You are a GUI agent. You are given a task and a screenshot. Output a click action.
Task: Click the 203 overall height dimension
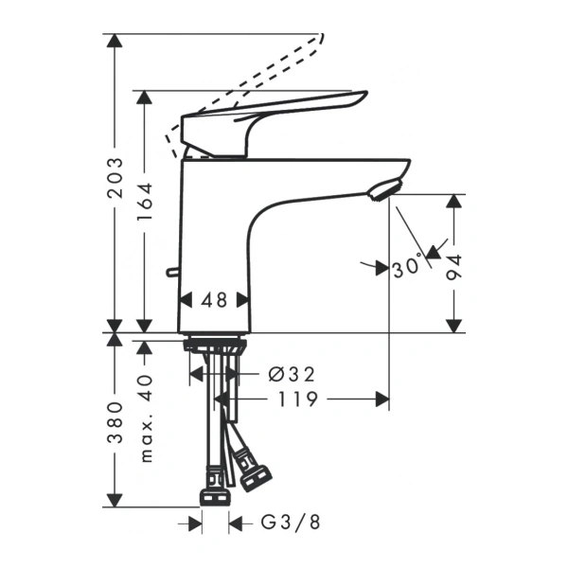[x=115, y=177]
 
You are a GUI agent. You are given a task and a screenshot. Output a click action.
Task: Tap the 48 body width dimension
[x=215, y=300]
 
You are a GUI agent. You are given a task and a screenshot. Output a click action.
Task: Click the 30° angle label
[x=407, y=268]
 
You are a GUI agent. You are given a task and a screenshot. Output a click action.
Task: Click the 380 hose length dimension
[x=115, y=422]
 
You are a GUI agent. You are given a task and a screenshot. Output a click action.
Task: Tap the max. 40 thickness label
[x=145, y=417]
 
